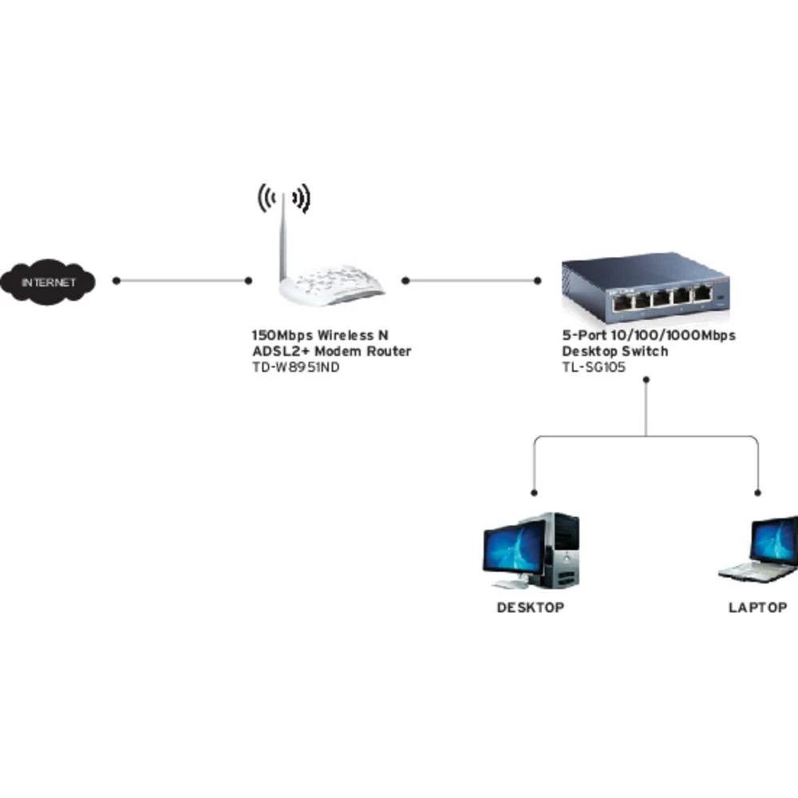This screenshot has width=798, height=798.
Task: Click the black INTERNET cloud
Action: coord(48,282)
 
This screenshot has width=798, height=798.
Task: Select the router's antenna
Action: coord(282,239)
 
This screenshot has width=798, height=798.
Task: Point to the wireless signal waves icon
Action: coord(283,197)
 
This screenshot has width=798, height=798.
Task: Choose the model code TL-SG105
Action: coord(594,367)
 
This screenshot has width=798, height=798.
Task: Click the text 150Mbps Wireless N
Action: coord(321,335)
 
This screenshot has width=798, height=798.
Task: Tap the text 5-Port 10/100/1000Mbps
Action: coord(649,335)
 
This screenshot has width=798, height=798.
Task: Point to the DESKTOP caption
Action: coord(531,607)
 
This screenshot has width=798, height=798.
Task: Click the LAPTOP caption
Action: coord(757,607)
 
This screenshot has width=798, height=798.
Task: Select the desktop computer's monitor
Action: coord(512,551)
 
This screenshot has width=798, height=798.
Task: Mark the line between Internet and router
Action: coord(182,281)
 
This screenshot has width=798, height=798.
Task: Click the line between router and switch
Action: coord(471,281)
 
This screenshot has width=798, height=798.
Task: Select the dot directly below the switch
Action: coord(646,381)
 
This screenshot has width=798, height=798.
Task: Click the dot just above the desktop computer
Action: coord(534,492)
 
